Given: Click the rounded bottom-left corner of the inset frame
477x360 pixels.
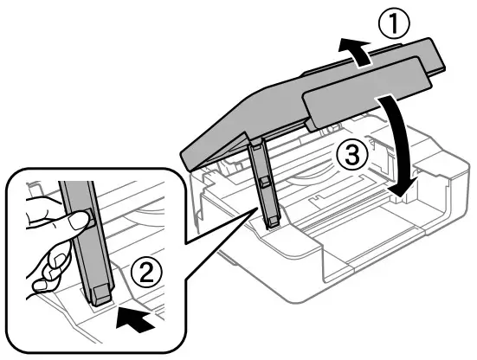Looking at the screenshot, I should click(12, 345).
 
